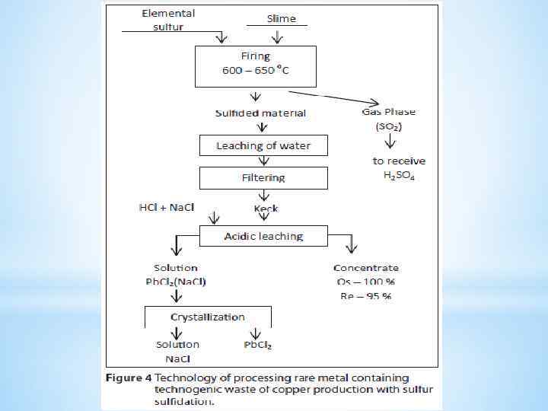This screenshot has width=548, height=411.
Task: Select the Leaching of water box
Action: [x=263, y=145]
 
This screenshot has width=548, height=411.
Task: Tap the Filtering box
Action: [x=263, y=178]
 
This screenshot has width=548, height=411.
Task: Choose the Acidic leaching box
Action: [x=263, y=237]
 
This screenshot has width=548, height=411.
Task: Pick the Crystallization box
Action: [x=208, y=317]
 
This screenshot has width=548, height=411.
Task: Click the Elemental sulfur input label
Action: [x=167, y=20]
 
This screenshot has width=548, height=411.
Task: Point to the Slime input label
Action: [x=281, y=18]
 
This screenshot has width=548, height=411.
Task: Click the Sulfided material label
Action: [x=260, y=113]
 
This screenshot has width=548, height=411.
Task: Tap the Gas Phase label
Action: [x=389, y=112]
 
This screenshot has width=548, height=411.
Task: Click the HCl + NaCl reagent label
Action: [x=166, y=207]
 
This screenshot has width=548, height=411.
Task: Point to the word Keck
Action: [x=266, y=209]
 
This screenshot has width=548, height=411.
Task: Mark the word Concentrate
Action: [x=366, y=268]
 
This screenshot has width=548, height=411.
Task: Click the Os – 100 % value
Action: [x=366, y=282]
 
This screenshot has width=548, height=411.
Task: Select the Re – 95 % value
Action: [x=366, y=295]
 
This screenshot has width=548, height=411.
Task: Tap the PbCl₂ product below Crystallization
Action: [x=258, y=345]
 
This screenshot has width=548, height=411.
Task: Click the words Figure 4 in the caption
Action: [x=129, y=378]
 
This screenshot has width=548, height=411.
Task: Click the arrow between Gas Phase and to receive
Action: [x=390, y=142]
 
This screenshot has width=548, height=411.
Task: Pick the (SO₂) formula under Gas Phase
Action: [x=389, y=126]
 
